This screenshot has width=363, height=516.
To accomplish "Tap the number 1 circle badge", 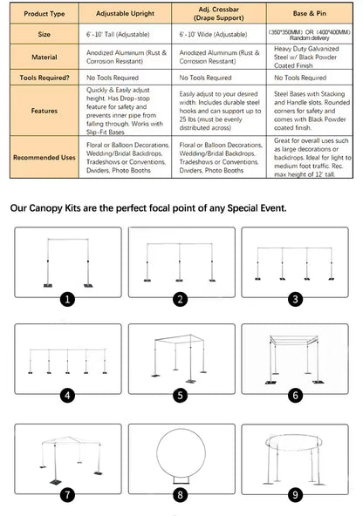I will tap(67, 299).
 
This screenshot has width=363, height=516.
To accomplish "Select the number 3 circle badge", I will tap(296, 299).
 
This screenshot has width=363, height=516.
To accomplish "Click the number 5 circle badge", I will tap(181, 395).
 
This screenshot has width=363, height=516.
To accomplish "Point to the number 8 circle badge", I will tap(181, 494).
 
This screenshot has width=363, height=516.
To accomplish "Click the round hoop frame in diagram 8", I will tap(181, 453).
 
